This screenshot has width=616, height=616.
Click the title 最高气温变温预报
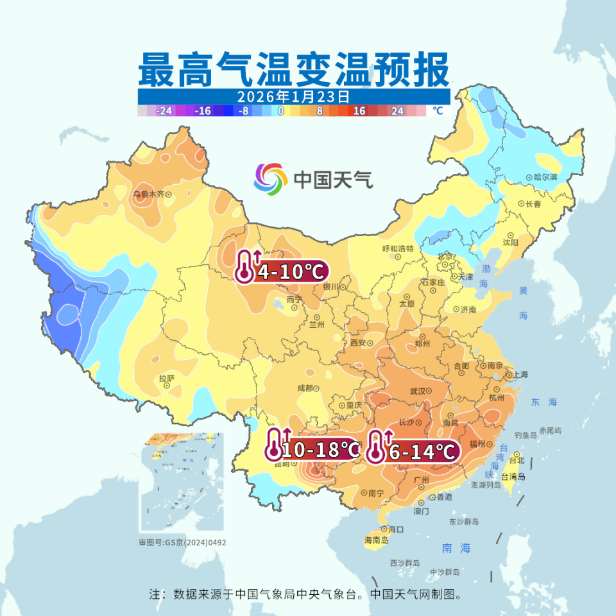tap(294, 70)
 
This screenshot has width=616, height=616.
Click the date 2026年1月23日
tap(293, 97)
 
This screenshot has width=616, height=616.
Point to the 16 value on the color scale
tap(359, 111)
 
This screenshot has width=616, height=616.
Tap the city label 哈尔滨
tap(546, 176)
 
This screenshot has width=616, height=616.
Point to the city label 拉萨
tap(166, 379)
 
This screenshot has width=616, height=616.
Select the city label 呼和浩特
tap(398, 248)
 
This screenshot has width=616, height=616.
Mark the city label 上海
tap(517, 374)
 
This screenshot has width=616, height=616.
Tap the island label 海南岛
tap(376, 540)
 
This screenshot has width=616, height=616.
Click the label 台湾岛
tap(513, 476)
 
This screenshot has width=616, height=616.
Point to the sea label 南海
tap(456, 548)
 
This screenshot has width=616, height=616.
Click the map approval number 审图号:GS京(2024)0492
tap(183, 542)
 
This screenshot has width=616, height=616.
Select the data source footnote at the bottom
tap(305, 594)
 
